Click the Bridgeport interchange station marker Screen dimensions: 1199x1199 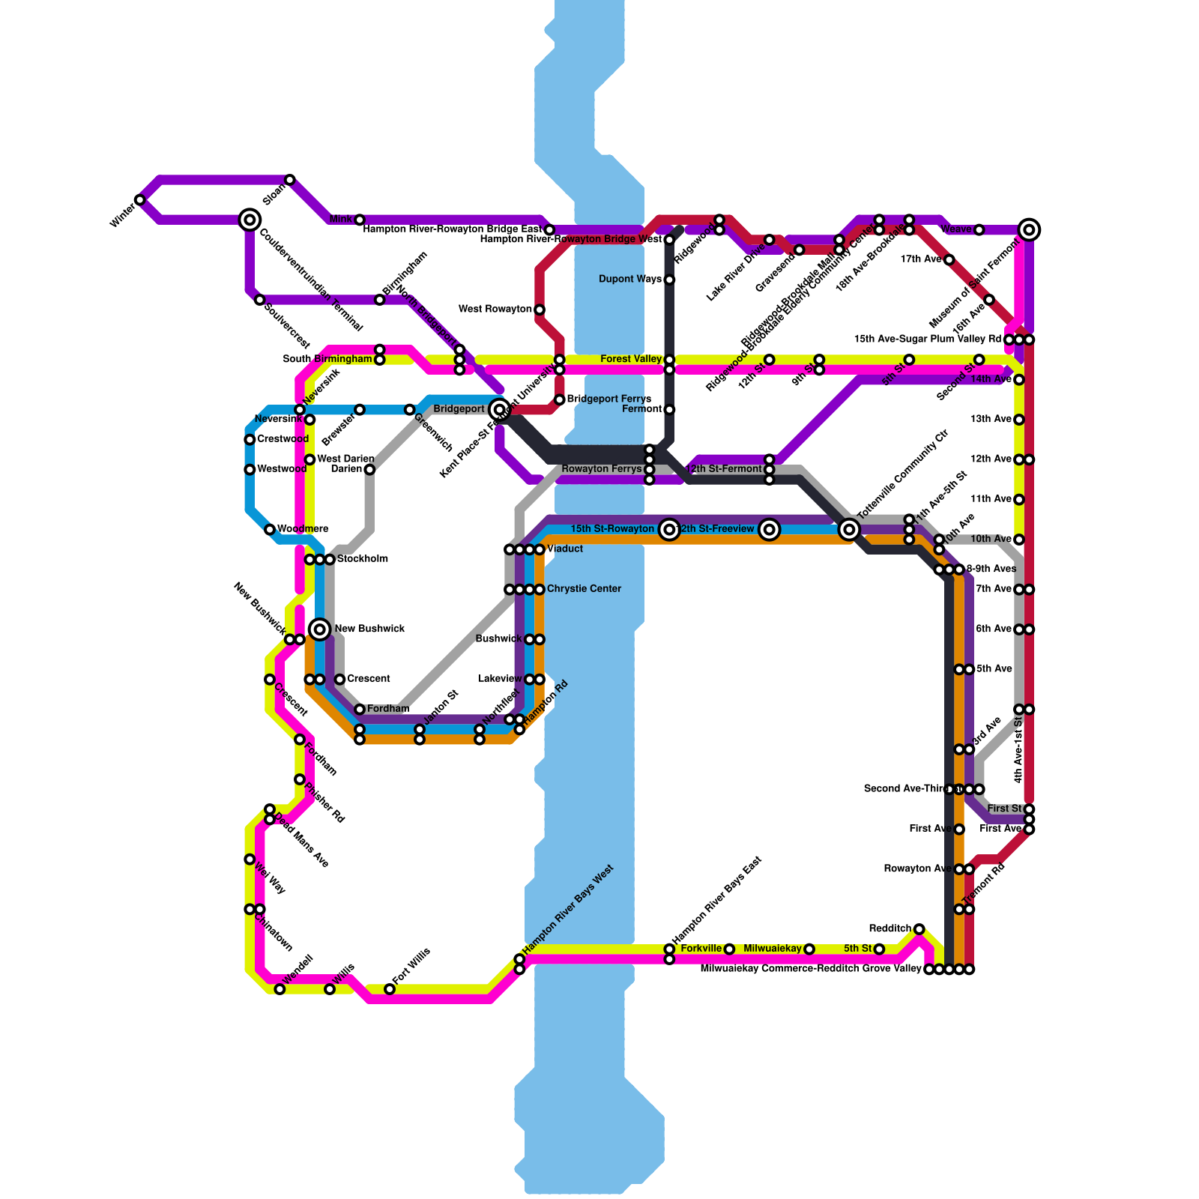499,409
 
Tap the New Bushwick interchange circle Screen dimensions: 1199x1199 320,629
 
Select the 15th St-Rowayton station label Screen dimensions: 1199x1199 612,529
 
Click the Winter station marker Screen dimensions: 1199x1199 139,200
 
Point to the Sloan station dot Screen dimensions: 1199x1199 290,180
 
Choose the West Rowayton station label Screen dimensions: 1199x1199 495,309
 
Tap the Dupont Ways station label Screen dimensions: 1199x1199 630,280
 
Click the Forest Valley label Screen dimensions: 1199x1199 631,360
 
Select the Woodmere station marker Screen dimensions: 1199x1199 270,530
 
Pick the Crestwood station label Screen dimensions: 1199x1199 283,439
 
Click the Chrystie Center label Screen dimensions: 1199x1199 584,589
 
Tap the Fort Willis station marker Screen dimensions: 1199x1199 390,989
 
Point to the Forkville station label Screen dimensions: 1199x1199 701,949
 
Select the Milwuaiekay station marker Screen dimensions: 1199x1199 809,949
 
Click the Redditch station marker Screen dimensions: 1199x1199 919,929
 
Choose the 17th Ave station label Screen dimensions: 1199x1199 920,259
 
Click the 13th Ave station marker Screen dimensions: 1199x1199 1019,420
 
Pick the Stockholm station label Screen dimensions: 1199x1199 363,559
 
